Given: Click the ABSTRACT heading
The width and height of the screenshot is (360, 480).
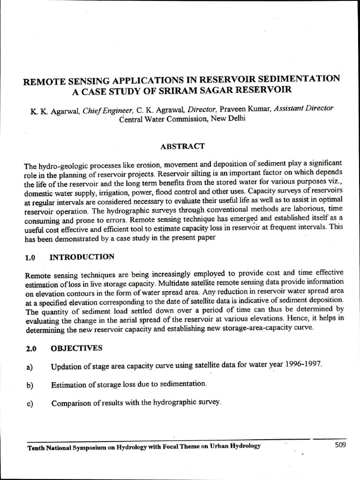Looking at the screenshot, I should tap(182, 146).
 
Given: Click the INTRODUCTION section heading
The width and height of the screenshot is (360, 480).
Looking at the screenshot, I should tap(82, 257).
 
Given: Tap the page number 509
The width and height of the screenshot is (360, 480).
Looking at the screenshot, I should tap(340, 445).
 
